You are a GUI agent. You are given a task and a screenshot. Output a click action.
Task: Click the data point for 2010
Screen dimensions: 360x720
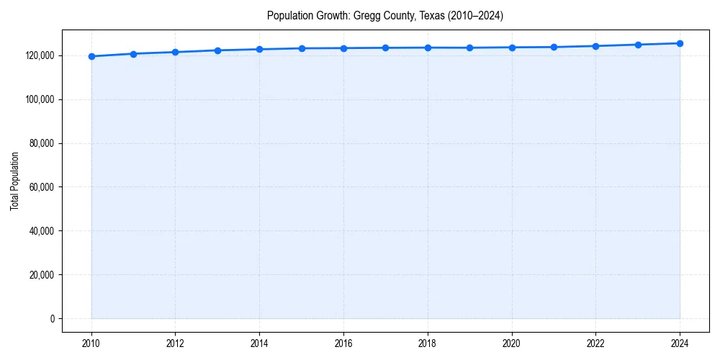click(x=91, y=56)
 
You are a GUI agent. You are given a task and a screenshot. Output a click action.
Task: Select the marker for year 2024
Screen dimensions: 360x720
click(x=680, y=43)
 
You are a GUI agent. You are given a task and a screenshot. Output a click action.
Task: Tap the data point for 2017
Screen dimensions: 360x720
click(x=385, y=48)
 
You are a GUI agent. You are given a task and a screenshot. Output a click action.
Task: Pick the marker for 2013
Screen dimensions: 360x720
click(x=217, y=50)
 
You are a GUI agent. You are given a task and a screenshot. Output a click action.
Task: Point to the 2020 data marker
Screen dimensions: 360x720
click(x=512, y=48)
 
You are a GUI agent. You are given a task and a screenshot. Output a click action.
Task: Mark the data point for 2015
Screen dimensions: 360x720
click(x=302, y=48)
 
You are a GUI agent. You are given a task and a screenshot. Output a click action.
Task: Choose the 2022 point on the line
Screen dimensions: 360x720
click(x=595, y=46)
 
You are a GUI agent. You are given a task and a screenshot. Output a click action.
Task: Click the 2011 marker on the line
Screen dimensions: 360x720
click(x=133, y=54)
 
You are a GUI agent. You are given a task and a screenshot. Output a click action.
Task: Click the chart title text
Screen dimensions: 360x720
click(x=384, y=15)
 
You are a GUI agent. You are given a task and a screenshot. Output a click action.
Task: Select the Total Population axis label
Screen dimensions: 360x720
click(x=14, y=181)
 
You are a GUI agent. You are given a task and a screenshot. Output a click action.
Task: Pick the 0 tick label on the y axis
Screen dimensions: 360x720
click(x=53, y=319)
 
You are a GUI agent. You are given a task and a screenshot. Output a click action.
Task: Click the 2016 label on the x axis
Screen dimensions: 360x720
click(x=343, y=343)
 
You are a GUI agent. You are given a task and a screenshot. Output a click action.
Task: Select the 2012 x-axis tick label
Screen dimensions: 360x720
click(x=175, y=343)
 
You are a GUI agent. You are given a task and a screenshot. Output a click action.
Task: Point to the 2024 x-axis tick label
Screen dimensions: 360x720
click(x=680, y=343)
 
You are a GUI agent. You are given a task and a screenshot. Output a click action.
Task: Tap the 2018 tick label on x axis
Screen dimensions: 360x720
click(x=428, y=343)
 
